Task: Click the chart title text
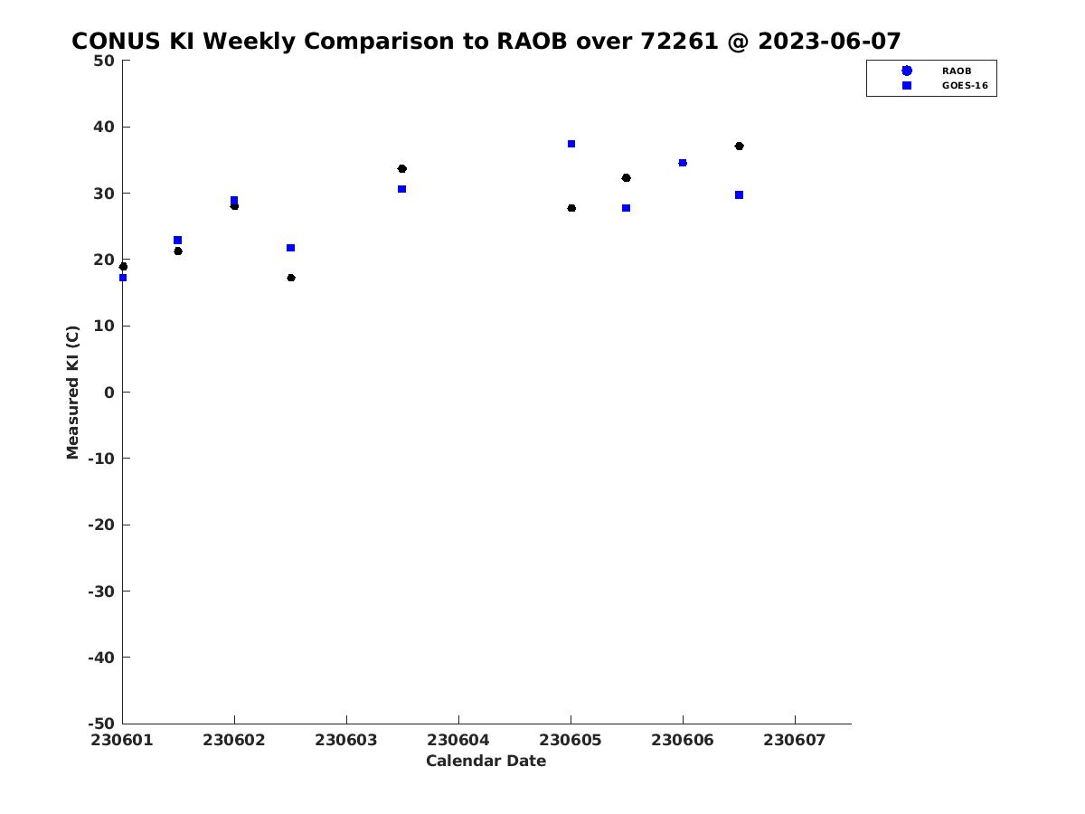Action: point(486,41)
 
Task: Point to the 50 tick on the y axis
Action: point(104,61)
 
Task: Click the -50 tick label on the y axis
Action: point(101,724)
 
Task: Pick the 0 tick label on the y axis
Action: point(109,393)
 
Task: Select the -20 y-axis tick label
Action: point(101,525)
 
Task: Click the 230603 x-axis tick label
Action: point(346,741)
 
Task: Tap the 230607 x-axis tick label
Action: point(795,741)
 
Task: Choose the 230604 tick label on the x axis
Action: point(458,741)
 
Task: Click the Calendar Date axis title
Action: point(486,762)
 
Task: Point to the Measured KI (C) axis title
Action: point(72,393)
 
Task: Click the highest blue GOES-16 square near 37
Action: point(571,144)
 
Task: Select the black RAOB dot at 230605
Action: point(571,208)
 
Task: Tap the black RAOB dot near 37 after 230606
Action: point(739,146)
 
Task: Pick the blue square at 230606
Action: point(683,163)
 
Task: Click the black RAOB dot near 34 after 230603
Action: point(401,168)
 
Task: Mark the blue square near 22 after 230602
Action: point(290,248)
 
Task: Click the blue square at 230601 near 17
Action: point(123,278)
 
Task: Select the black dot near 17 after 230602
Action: point(291,278)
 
